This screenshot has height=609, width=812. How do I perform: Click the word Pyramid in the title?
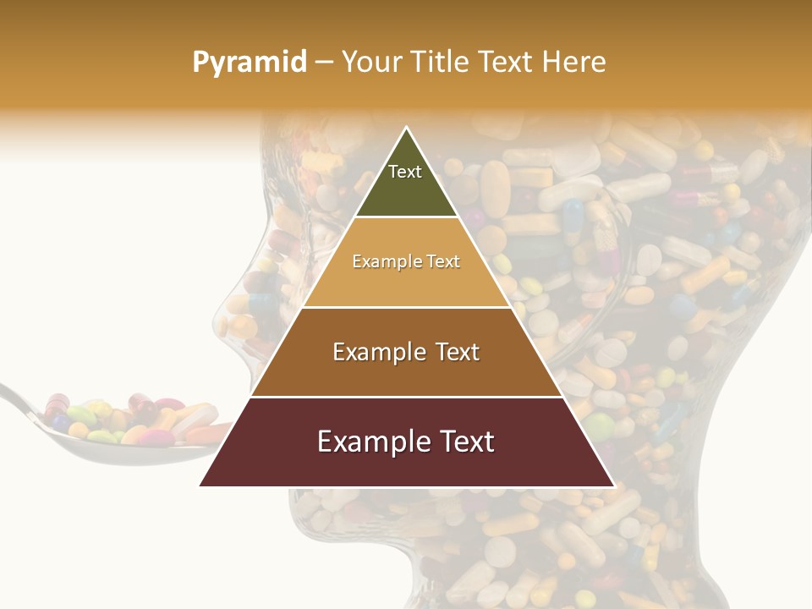coord(249,63)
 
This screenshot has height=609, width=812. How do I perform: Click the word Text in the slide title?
coord(507,62)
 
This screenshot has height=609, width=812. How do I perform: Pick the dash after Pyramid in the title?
coord(323,63)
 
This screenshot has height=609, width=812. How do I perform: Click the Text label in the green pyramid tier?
coord(405,172)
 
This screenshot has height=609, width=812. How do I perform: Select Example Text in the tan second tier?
coord(406,261)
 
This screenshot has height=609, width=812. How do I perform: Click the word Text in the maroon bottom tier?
coord(462,442)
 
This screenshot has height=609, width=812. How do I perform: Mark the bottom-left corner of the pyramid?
coord(201,486)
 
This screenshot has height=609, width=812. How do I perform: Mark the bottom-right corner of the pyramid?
coord(613,486)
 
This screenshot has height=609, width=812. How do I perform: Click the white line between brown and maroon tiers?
coord(406,397)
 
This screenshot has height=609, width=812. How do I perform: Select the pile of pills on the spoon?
coord(127,419)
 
